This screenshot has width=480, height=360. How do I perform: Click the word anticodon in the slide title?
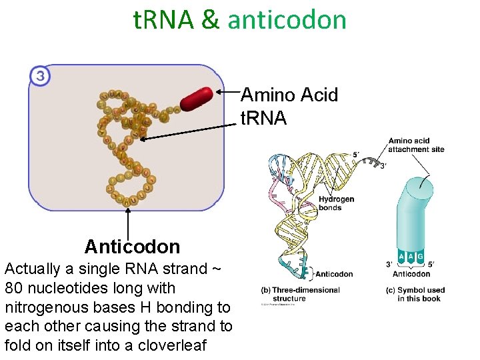click(x=287, y=20)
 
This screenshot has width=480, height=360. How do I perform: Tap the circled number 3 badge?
click(x=40, y=76)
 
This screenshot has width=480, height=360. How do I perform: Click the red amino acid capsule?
click(x=196, y=99)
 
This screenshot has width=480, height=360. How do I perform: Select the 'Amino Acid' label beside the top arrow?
click(x=289, y=95)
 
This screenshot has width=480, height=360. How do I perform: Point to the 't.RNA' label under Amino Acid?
click(x=263, y=119)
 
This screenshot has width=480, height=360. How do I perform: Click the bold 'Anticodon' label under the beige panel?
click(x=132, y=247)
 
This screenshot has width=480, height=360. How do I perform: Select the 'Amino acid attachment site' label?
click(x=416, y=145)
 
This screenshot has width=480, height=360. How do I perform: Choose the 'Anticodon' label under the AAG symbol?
click(x=411, y=274)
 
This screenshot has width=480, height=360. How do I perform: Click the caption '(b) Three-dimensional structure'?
click(x=300, y=294)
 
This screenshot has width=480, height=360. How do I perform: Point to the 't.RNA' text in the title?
click(x=163, y=20)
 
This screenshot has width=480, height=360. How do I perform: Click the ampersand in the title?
click(x=210, y=20)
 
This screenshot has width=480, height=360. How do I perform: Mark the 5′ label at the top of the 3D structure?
click(x=357, y=155)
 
